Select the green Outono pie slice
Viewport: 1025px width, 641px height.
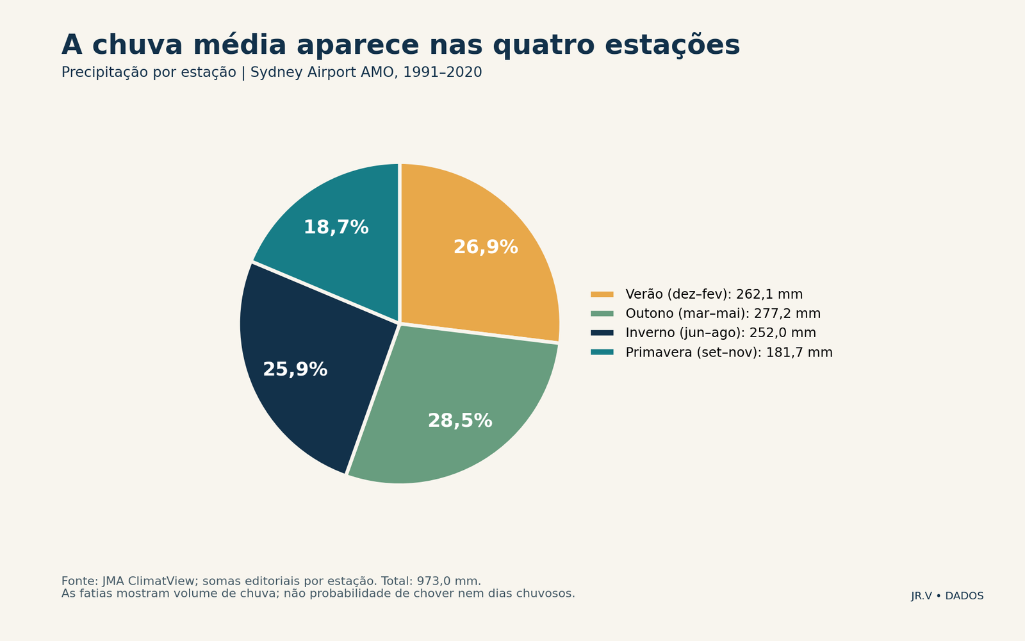pyautogui.click(x=457, y=412)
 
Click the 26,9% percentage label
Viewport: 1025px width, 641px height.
pyautogui.click(x=486, y=247)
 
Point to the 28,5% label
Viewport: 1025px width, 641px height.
pyautogui.click(x=460, y=420)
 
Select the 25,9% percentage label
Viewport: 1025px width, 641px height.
pyautogui.click(x=295, y=369)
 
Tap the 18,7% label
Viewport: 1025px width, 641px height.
pyautogui.click(x=336, y=228)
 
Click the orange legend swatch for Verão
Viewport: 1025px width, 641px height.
pyautogui.click(x=602, y=294)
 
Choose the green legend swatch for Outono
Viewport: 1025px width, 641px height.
pyautogui.click(x=602, y=313)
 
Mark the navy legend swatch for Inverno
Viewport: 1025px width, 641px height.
pyautogui.click(x=602, y=333)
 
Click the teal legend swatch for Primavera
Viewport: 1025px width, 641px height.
pyautogui.click(x=602, y=353)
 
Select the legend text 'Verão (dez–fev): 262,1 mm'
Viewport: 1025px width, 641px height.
pyautogui.click(x=714, y=294)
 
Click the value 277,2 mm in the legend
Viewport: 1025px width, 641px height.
pyautogui.click(x=787, y=313)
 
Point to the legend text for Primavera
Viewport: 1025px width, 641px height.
pyautogui.click(x=729, y=353)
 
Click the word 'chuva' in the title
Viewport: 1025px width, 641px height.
pyautogui.click(x=137, y=46)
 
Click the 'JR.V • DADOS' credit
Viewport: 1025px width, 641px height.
pyautogui.click(x=947, y=596)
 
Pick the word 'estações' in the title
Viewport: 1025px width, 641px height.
pyautogui.click(x=672, y=46)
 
